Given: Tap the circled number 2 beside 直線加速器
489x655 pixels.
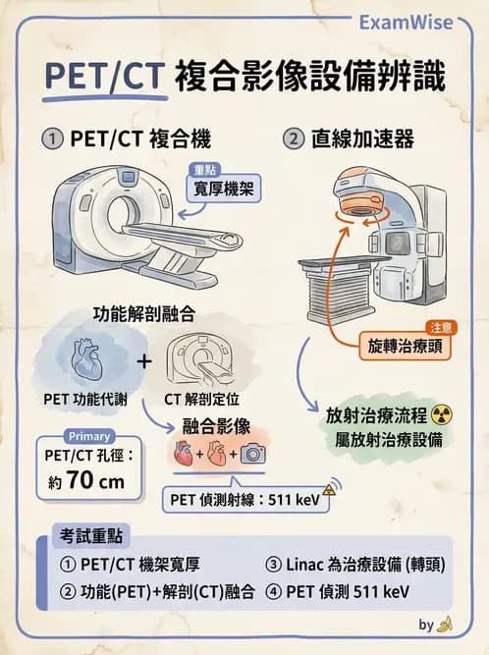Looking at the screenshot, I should click(294, 138).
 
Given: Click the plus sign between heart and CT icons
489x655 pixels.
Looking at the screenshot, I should click(144, 360).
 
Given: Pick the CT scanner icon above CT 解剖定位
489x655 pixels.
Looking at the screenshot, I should click(203, 360).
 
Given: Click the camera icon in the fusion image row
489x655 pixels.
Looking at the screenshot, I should click(253, 454).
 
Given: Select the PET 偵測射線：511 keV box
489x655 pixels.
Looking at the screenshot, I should click(245, 498).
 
